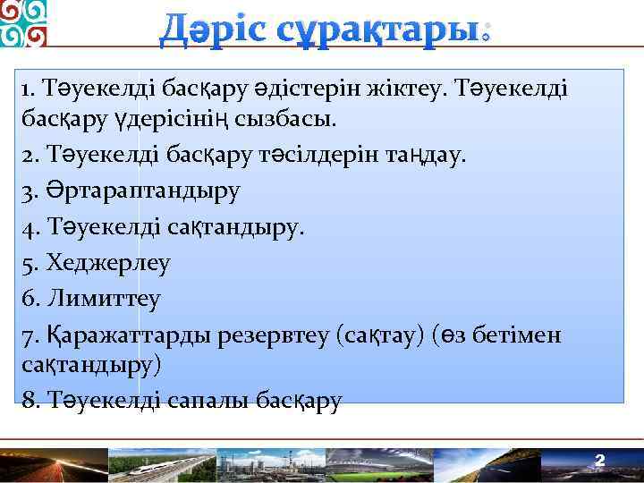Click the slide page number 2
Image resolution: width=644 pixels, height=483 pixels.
600,461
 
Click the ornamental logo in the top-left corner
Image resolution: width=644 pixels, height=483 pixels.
23,23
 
